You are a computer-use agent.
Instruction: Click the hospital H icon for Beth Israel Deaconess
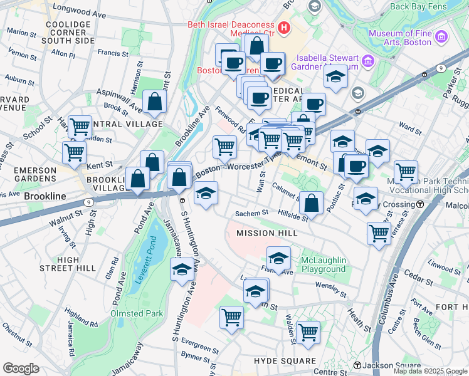pos(285,28)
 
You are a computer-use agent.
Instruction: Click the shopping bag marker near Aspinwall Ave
pos(154,103)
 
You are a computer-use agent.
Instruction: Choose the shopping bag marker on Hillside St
pos(311,203)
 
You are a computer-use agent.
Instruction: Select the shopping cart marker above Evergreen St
pos(231,317)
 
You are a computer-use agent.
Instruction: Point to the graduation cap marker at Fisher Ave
pos(279,258)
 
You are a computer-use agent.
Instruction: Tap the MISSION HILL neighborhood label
pos(264,233)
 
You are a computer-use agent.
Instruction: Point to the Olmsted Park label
pos(137,313)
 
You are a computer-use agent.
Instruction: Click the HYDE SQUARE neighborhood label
pos(285,361)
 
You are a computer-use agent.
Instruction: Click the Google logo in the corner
pos(21,368)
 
